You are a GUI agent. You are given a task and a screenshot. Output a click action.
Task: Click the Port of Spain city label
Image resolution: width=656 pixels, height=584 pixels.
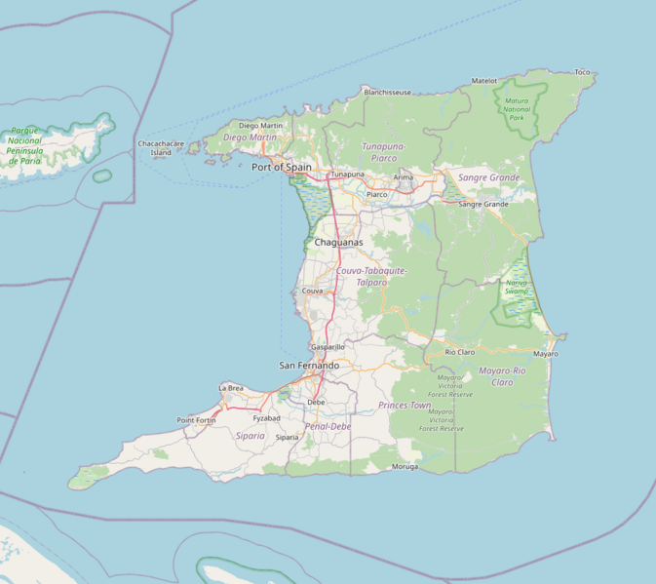pyautogui.click(x=282, y=167)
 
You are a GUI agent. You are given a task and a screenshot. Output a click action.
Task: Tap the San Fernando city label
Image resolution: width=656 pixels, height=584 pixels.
pyautogui.click(x=309, y=366)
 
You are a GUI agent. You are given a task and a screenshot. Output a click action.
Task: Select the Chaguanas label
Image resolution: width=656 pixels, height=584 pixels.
pyautogui.click(x=338, y=242)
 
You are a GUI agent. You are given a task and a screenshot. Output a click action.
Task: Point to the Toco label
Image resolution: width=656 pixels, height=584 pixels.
pyautogui.click(x=583, y=72)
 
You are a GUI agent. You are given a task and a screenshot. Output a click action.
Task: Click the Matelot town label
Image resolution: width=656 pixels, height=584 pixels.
pyautogui.click(x=484, y=81)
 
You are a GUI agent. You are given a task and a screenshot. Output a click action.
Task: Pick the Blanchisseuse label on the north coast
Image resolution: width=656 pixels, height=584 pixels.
pyautogui.click(x=387, y=92)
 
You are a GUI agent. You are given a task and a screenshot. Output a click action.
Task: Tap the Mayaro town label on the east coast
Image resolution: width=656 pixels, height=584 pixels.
pyautogui.click(x=546, y=354)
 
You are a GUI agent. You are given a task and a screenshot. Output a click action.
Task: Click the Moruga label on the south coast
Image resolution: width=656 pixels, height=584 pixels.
pyautogui.click(x=405, y=466)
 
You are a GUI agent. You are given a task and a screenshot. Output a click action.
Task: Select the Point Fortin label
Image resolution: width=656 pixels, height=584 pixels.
pyautogui.click(x=196, y=420)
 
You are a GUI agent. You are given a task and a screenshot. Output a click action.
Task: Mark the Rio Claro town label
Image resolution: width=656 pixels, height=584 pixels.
pyautogui.click(x=459, y=351)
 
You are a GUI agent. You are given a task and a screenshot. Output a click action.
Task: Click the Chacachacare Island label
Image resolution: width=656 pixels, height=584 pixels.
pyautogui.click(x=161, y=148)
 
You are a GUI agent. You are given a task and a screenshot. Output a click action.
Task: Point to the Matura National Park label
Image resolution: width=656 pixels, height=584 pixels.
pyautogui.click(x=516, y=108)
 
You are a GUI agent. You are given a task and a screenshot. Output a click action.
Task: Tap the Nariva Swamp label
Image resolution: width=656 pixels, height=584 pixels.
pyautogui.click(x=516, y=288)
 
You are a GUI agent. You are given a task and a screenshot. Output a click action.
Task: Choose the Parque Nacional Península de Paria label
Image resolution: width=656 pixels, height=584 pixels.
pyautogui.click(x=27, y=146)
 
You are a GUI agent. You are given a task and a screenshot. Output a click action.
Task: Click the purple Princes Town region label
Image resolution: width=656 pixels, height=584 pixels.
pyautogui.click(x=405, y=405)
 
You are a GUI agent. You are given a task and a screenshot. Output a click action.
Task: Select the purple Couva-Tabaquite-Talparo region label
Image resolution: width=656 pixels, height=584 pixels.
pyautogui.click(x=371, y=276)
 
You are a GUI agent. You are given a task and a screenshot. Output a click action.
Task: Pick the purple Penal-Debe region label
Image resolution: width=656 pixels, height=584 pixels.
pyautogui.click(x=328, y=427)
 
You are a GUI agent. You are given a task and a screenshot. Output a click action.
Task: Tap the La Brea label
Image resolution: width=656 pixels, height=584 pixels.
pyautogui.click(x=231, y=388)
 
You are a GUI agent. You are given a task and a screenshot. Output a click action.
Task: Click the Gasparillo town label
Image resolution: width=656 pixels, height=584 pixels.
pyautogui.click(x=328, y=346)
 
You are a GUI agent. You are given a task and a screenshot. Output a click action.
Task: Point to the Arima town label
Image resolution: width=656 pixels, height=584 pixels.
pyautogui.click(x=403, y=177)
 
